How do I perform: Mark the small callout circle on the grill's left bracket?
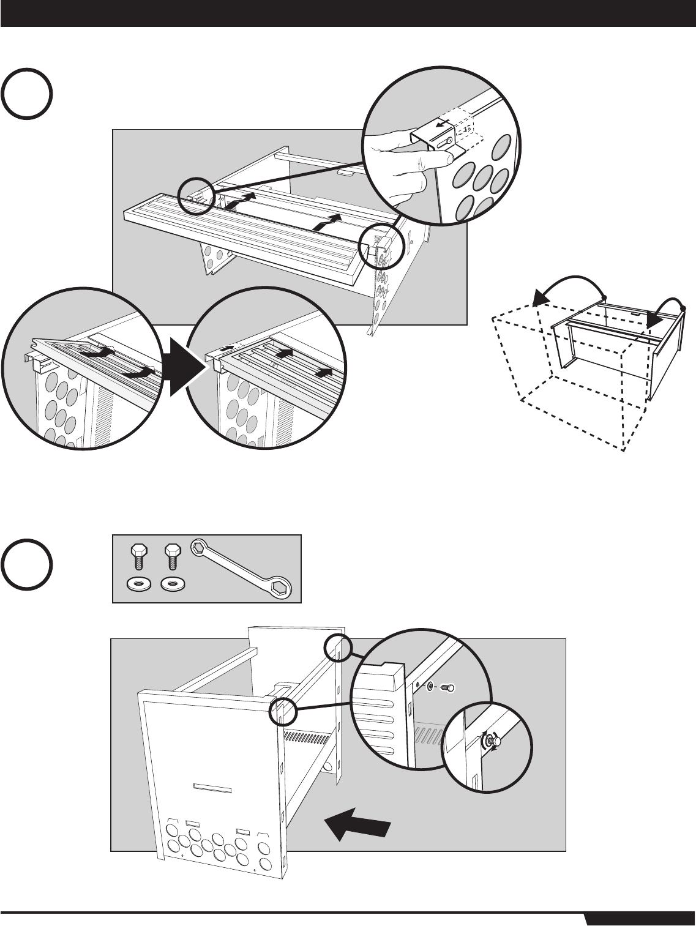196,195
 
